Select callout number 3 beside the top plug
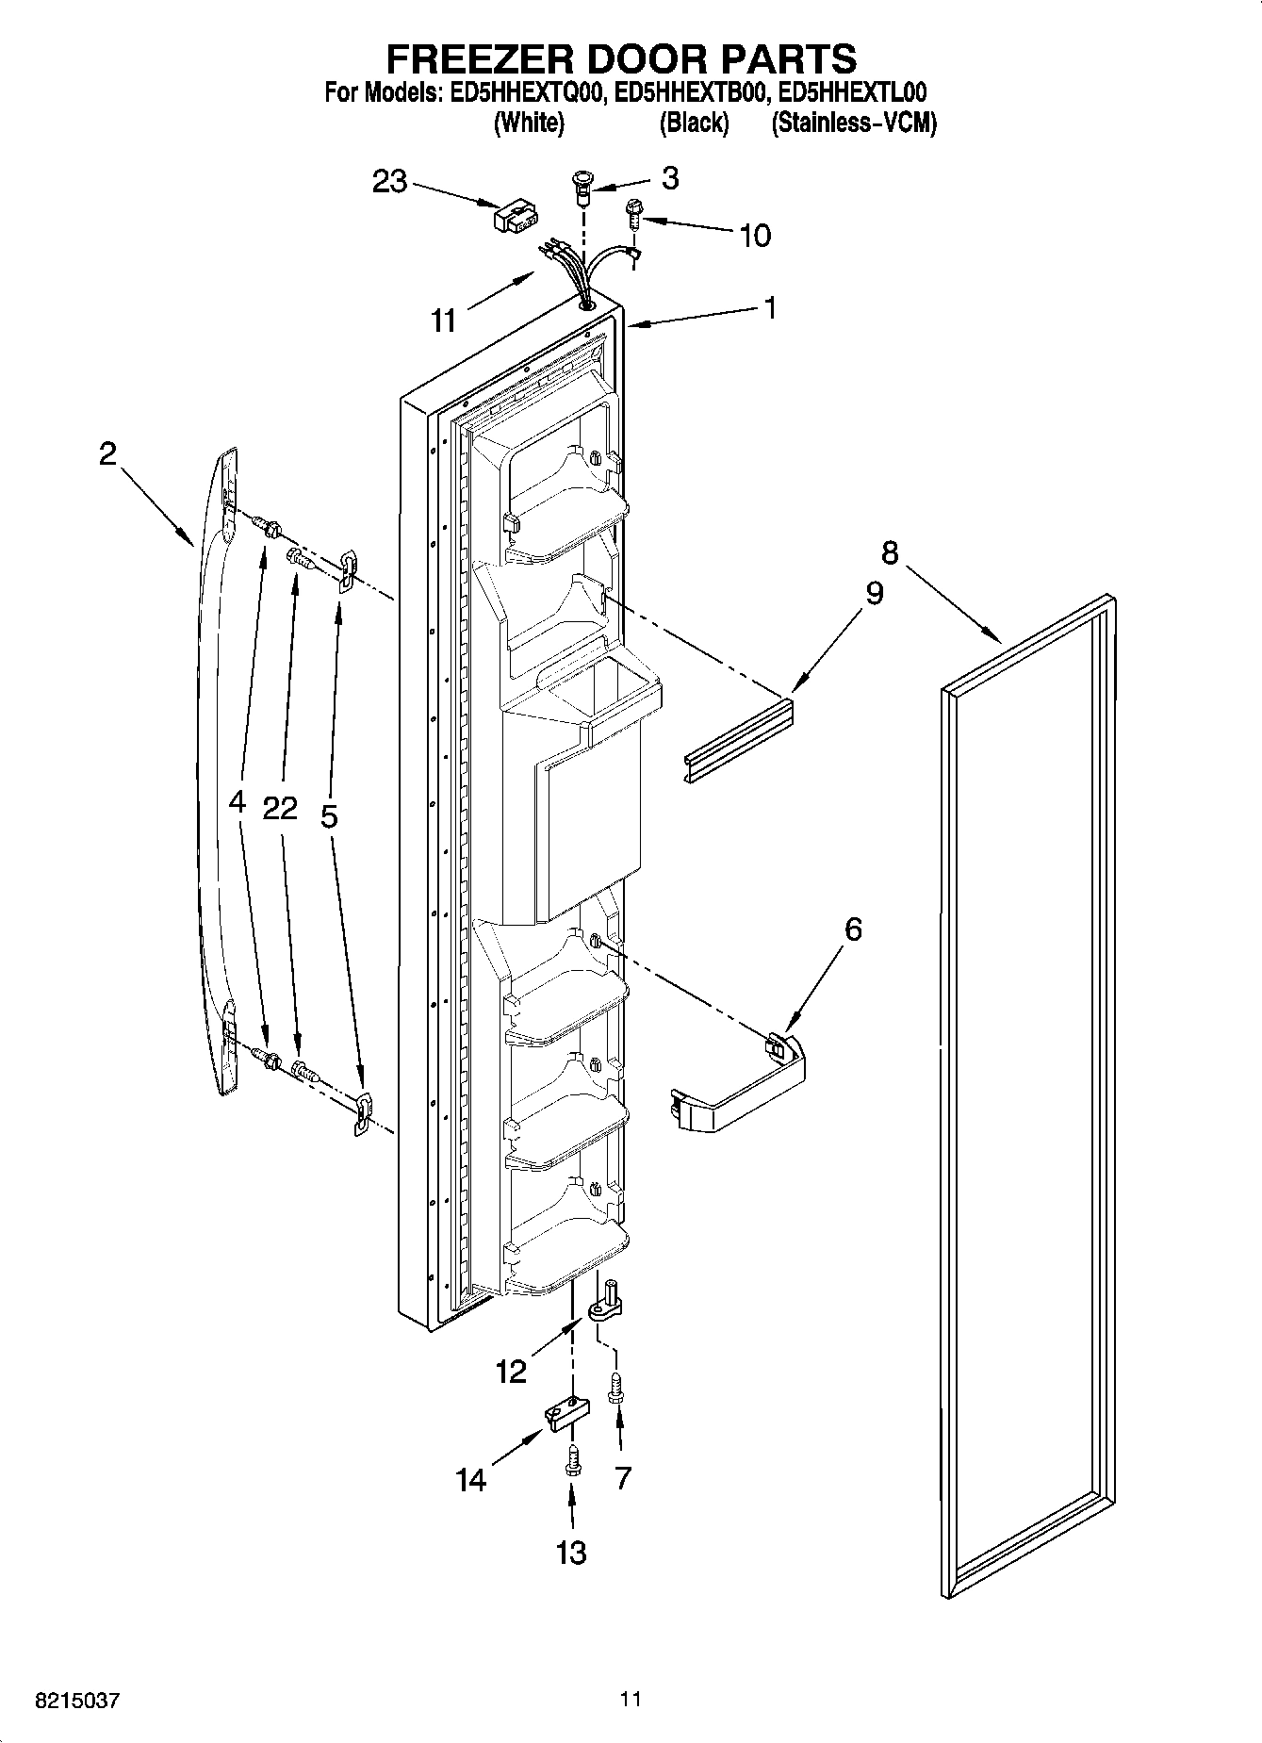click(x=669, y=178)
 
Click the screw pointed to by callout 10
click(x=632, y=215)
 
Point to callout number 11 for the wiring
click(x=443, y=321)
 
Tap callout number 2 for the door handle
click(x=108, y=454)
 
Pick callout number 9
click(x=874, y=593)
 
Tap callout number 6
click(x=852, y=929)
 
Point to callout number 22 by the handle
click(x=280, y=808)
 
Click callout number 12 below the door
click(x=511, y=1372)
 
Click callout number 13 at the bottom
click(x=571, y=1553)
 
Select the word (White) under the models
click(x=529, y=123)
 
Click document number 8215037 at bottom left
click(x=77, y=1702)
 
